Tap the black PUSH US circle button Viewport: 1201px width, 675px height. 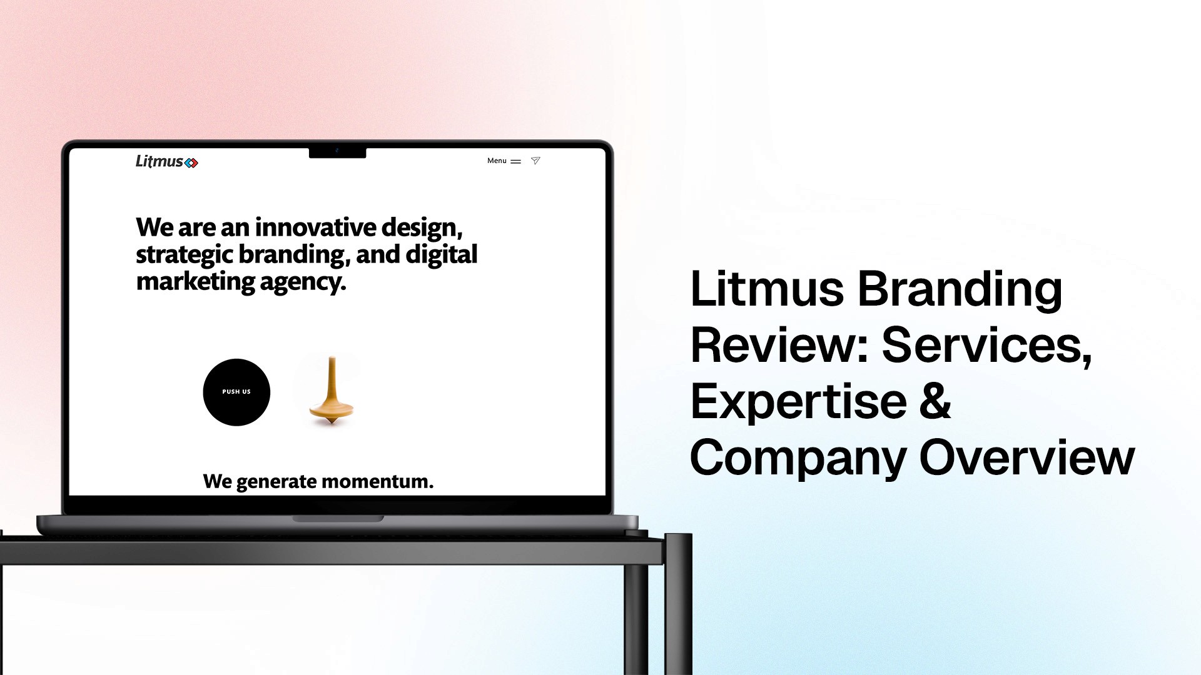(236, 392)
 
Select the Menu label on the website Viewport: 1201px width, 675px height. (497, 161)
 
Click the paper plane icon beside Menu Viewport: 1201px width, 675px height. (535, 161)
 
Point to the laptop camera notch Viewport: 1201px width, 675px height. (337, 152)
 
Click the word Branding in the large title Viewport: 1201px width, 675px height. (959, 290)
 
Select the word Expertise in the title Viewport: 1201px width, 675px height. (798, 401)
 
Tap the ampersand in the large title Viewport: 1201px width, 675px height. (935, 401)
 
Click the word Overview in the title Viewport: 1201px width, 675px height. (1026, 457)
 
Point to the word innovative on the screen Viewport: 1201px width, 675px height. (315, 227)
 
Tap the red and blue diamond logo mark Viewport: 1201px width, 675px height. (191, 163)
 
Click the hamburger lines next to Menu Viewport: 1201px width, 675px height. (516, 161)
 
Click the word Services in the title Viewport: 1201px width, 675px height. (986, 345)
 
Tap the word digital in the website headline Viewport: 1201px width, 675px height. (441, 254)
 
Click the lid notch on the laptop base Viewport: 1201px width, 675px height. (338, 519)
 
